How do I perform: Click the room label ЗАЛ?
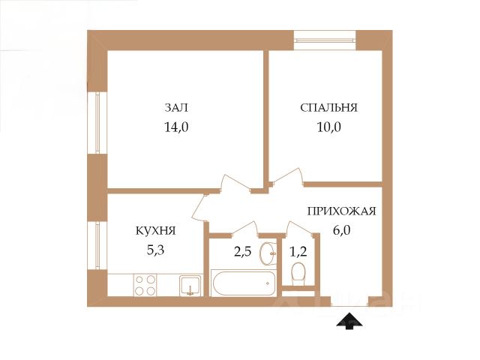click(176, 108)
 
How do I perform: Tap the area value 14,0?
click(176, 127)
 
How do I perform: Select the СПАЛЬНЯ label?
click(328, 108)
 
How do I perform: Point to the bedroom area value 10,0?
click(328, 127)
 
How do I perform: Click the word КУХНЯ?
click(155, 230)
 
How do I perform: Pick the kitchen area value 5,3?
click(155, 250)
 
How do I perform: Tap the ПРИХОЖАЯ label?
click(341, 211)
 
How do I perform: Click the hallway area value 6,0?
click(341, 230)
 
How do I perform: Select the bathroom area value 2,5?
click(242, 252)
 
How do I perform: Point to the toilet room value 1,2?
click(298, 252)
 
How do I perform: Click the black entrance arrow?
click(349, 321)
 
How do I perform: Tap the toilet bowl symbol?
click(298, 271)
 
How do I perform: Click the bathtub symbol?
click(244, 283)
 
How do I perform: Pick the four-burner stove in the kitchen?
click(145, 285)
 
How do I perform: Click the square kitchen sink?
click(190, 285)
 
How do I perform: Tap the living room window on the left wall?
click(97, 123)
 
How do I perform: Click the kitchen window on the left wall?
click(97, 245)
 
